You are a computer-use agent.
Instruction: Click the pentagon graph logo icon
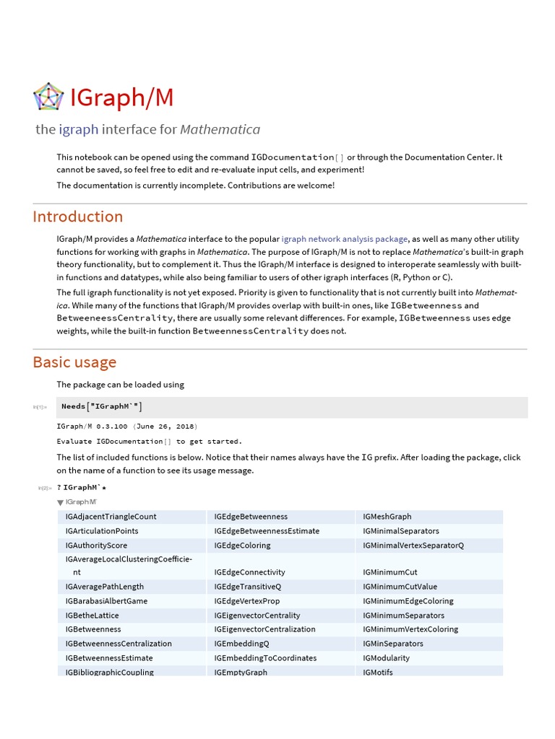coord(48,97)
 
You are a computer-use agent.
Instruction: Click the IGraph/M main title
coord(121,97)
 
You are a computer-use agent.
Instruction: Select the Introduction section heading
coord(78,217)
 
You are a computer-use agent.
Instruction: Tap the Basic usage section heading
coord(74,362)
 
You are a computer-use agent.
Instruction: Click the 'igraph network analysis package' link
coord(345,239)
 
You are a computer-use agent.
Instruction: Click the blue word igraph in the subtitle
coord(79,130)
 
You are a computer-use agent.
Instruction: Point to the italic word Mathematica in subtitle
coord(220,130)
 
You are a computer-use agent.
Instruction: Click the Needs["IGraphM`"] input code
coord(106,406)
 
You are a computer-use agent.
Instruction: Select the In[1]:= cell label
coord(40,407)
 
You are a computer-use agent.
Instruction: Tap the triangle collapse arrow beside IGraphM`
coord(60,502)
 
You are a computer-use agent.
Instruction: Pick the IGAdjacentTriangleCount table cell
coord(111,517)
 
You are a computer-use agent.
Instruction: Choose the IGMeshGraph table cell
coord(387,517)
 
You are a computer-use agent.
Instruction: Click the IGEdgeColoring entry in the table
coord(242,546)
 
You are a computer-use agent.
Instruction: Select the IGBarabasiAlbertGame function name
coord(106,601)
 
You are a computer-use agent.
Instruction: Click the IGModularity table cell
coord(386,658)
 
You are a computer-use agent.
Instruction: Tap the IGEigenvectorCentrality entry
coord(257,616)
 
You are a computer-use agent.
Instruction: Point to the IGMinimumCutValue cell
coord(400,587)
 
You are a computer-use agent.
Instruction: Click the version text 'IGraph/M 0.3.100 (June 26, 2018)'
coord(127,426)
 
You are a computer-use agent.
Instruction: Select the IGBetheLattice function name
coord(92,616)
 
